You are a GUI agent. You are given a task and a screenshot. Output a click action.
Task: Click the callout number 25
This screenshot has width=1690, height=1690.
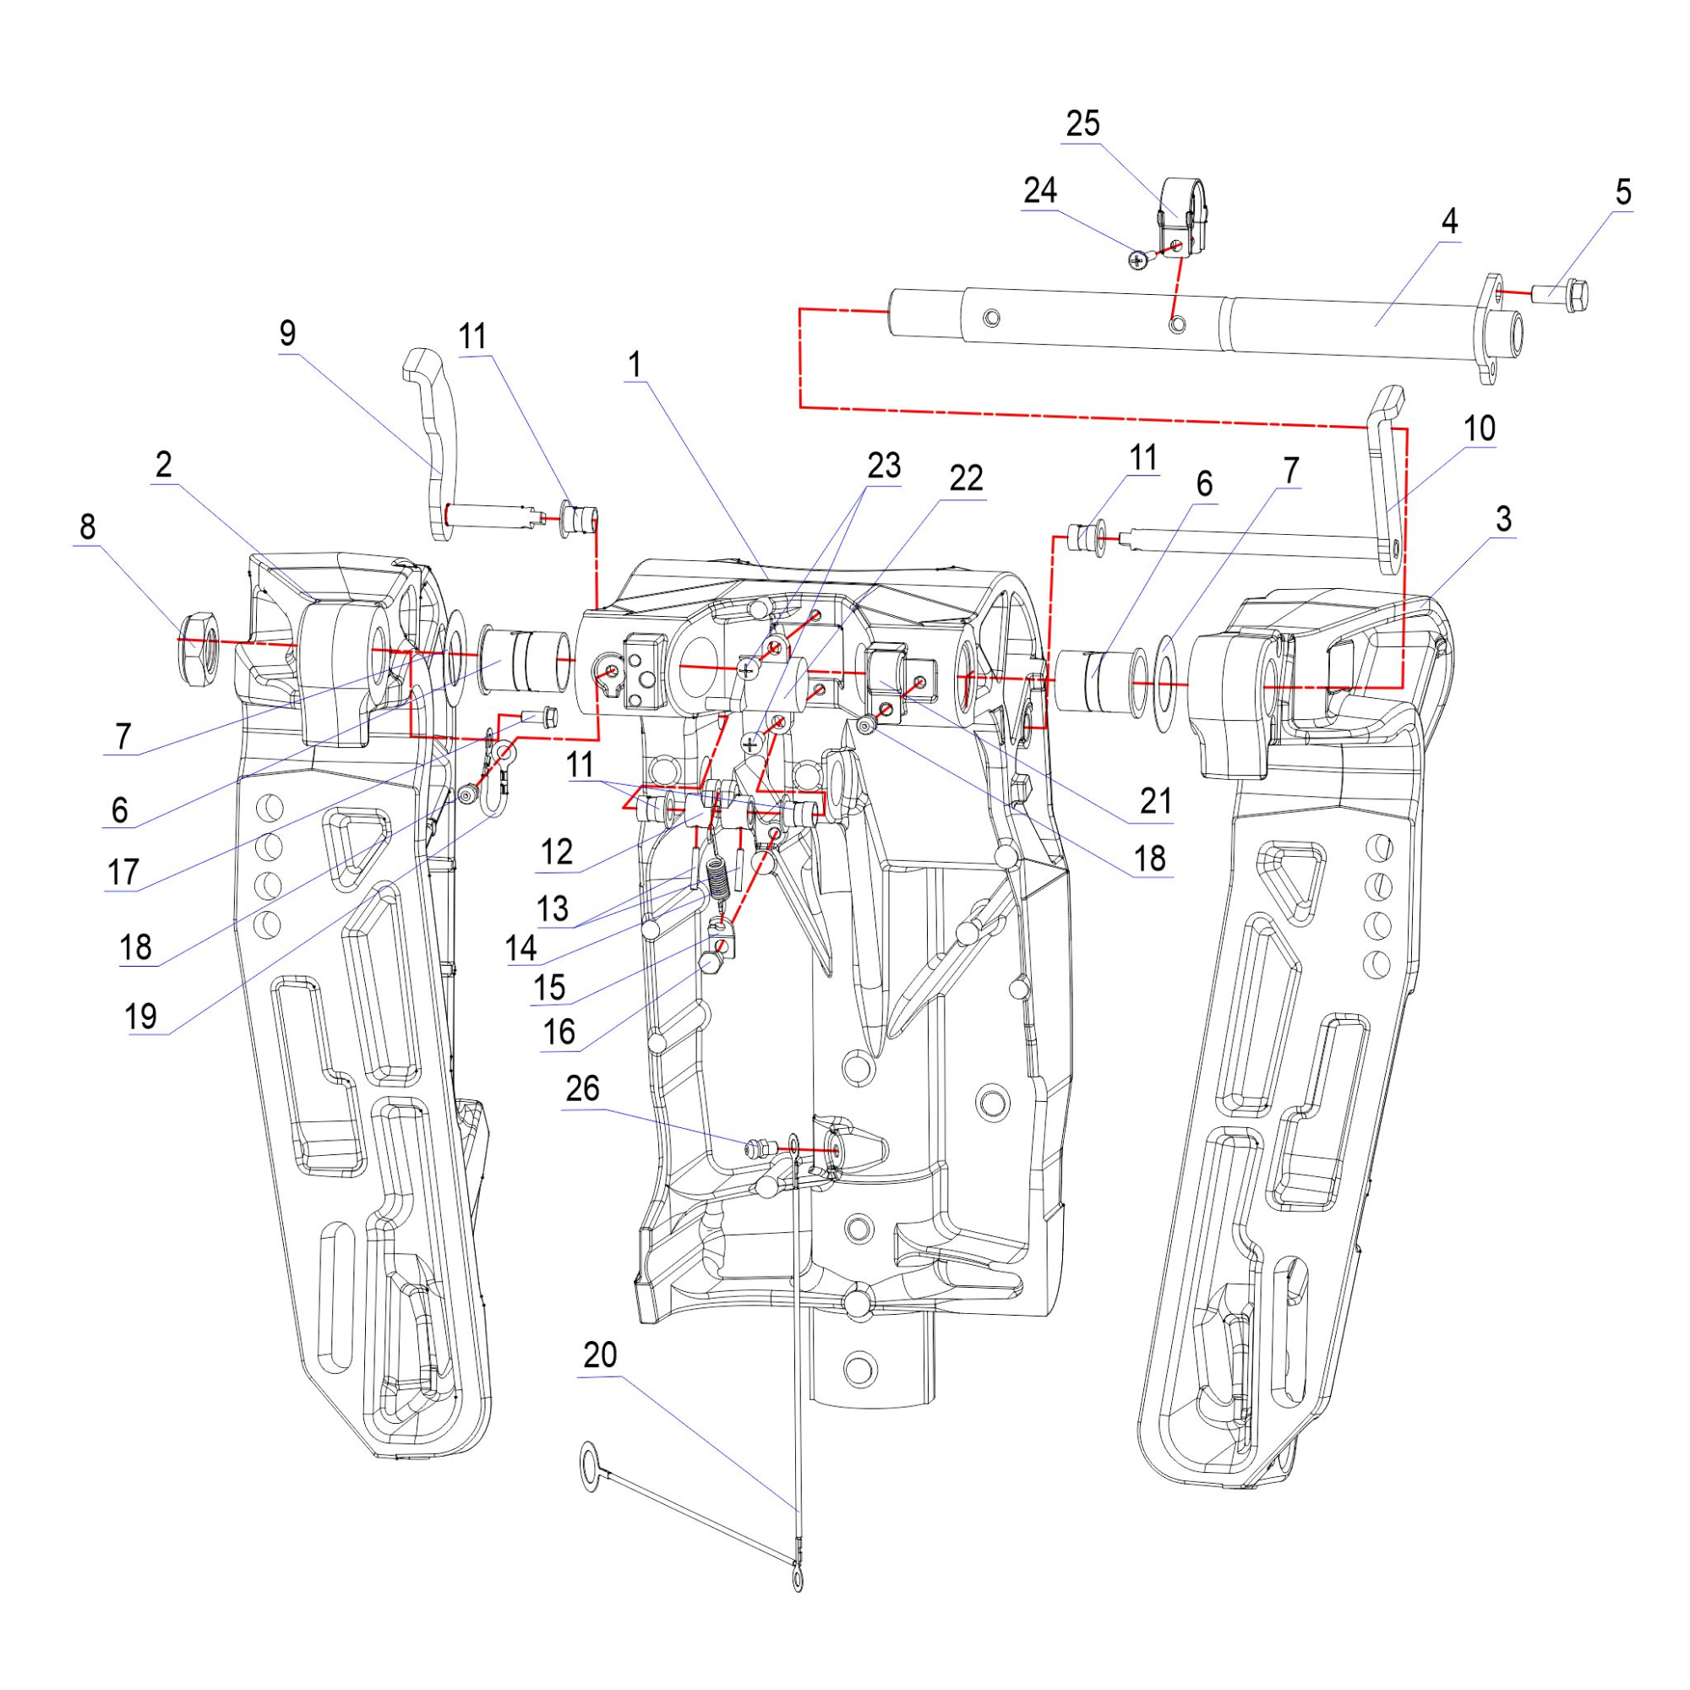[1082, 124]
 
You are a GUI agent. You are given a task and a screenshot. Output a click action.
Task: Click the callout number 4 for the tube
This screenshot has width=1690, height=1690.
[1449, 221]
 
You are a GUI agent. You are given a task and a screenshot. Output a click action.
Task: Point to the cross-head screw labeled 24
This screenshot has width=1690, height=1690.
[1138, 259]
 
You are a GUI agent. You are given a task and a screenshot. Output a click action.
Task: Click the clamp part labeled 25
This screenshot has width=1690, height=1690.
[1183, 215]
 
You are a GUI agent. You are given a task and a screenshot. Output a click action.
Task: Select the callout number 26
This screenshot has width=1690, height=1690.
[582, 1088]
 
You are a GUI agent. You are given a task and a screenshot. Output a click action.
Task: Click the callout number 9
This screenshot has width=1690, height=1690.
[288, 334]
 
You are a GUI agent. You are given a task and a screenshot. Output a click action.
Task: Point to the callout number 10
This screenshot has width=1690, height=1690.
[1478, 428]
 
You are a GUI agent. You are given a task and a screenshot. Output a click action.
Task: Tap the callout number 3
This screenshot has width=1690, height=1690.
[1502, 520]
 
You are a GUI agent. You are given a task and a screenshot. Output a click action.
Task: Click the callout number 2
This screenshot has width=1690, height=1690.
[165, 466]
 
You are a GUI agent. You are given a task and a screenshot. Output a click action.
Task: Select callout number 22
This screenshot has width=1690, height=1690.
[966, 478]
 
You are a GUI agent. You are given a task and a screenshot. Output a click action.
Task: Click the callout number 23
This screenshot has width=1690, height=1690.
[884, 466]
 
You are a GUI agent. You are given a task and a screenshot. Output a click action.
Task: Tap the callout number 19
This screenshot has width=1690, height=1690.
[140, 1017]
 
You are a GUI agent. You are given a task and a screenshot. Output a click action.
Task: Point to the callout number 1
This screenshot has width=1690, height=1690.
[635, 365]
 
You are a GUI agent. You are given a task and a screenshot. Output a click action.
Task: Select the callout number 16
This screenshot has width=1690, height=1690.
[559, 1033]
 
